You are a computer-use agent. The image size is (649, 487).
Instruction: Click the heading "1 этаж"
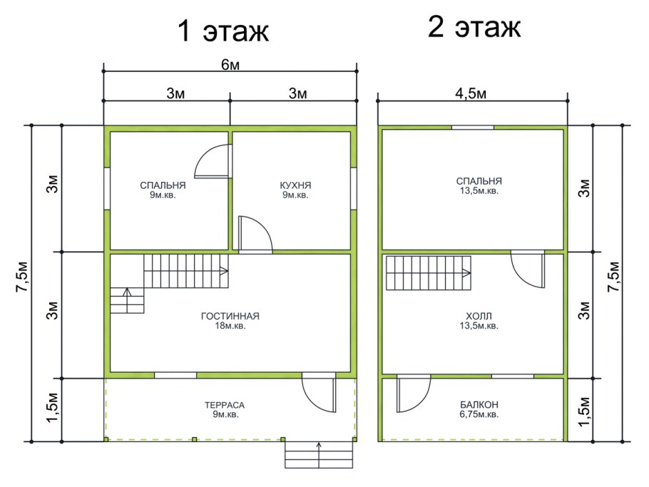(223, 32)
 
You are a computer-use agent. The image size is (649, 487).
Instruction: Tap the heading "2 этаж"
(474, 28)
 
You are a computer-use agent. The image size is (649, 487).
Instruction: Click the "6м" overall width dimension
(230, 65)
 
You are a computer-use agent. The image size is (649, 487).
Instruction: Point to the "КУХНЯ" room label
(295, 185)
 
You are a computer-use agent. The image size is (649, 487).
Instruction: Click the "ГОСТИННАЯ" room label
(230, 317)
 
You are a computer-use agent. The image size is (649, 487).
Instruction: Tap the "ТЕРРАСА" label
(230, 405)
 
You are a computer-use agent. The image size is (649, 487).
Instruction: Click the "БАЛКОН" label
(478, 405)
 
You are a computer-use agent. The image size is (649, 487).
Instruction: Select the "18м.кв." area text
(230, 326)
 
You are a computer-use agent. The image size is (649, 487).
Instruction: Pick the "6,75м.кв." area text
(478, 414)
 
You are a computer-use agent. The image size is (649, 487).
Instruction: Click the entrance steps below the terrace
(319, 455)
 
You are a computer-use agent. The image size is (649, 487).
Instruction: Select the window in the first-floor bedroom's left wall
(107, 189)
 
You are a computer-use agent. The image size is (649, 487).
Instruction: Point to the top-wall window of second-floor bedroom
(472, 128)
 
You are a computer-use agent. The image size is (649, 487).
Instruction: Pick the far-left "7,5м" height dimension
(23, 283)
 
